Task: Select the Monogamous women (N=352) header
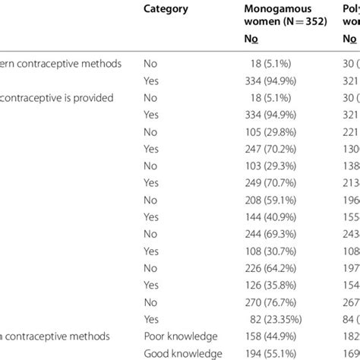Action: point(285,16)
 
